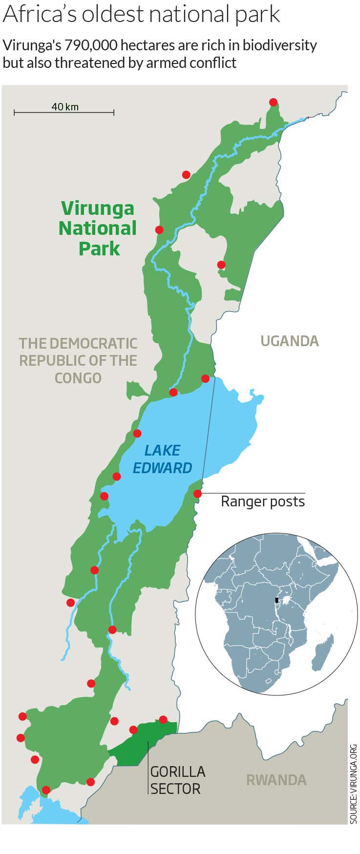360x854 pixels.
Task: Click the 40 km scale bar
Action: point(64,112)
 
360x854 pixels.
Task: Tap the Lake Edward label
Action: point(163,459)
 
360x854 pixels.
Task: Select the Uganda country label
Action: point(289,341)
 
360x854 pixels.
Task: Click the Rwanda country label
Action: point(276,780)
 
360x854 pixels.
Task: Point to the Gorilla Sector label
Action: point(177,780)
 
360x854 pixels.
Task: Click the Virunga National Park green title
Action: point(98,228)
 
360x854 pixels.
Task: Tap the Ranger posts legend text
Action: point(262,501)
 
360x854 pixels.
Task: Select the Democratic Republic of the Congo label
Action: point(78,360)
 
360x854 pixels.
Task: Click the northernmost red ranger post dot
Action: point(273,102)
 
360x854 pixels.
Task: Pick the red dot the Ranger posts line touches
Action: point(197,494)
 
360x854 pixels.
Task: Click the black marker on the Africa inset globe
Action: point(276,600)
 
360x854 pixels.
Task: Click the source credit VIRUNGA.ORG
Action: point(354,784)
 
